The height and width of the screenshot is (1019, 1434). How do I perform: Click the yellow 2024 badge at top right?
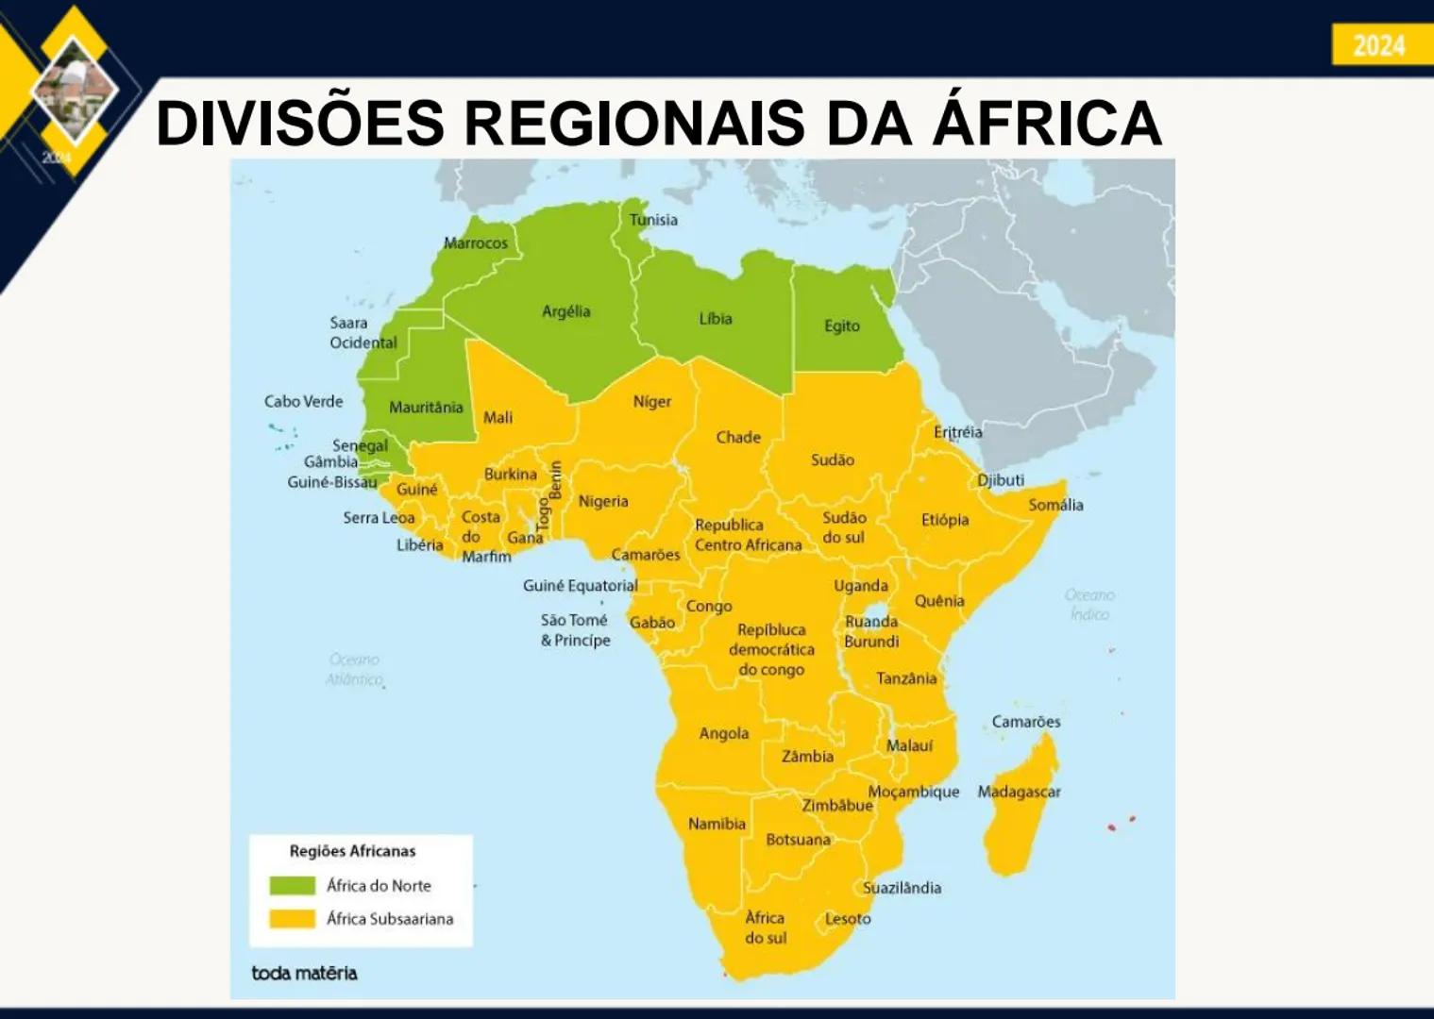click(1380, 44)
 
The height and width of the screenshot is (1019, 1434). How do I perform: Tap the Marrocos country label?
click(476, 242)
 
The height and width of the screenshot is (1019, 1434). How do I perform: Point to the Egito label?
click(841, 326)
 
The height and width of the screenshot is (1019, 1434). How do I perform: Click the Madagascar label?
click(1019, 792)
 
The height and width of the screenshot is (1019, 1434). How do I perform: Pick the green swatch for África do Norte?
click(292, 885)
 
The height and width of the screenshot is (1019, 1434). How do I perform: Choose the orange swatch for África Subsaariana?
click(292, 918)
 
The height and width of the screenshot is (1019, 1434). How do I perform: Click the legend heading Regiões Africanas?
click(352, 851)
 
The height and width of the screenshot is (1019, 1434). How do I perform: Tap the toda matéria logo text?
click(304, 973)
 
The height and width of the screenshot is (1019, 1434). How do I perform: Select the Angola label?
click(723, 733)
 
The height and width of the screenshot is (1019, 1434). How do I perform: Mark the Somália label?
click(1055, 505)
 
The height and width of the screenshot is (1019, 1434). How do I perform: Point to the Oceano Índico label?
click(1089, 605)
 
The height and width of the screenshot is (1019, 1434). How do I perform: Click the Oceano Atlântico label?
click(355, 669)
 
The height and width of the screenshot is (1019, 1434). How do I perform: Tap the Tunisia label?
click(653, 220)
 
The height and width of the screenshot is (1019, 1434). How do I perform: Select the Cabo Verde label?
click(303, 401)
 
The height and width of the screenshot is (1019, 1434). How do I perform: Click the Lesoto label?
click(848, 918)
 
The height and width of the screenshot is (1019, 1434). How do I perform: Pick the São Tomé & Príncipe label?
click(575, 630)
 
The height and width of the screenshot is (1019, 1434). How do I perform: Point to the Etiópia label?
click(945, 520)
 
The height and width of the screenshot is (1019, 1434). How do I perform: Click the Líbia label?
click(715, 319)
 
